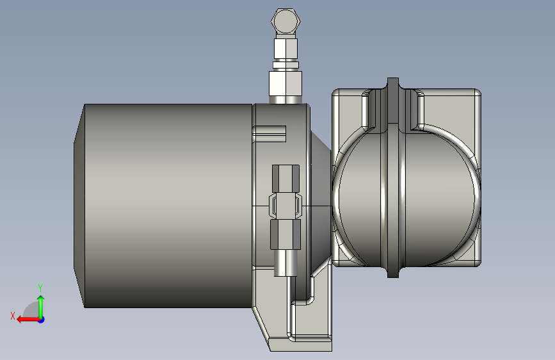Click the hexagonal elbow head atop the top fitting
pyautogui.click(x=286, y=21)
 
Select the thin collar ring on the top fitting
pyautogui.click(x=286, y=63)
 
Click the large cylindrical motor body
pyautogui.click(x=166, y=205)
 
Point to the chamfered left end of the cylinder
pyautogui.click(x=79, y=205)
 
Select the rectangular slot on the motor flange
pyautogui.click(x=268, y=134)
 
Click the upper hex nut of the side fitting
pyautogui.click(x=286, y=179)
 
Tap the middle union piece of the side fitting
pyautogui.click(x=286, y=206)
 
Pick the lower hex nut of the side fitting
pyautogui.click(x=286, y=234)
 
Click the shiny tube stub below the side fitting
pyautogui.click(x=286, y=263)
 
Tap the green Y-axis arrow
pyautogui.click(x=40, y=304)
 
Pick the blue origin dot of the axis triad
pyautogui.click(x=41, y=319)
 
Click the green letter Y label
pyautogui.click(x=40, y=288)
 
